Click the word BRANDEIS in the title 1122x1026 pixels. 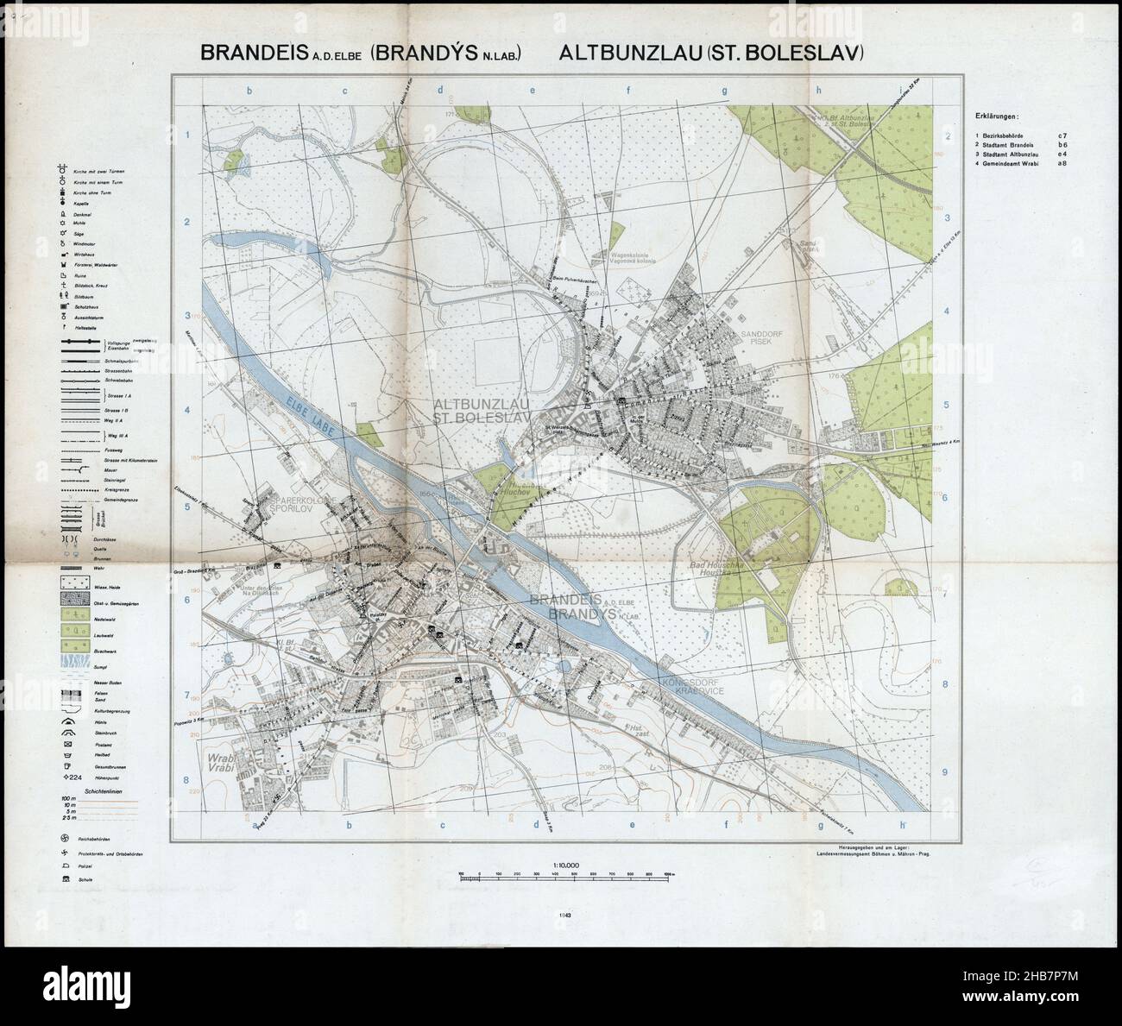click(253, 53)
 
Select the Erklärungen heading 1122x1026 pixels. click(995, 115)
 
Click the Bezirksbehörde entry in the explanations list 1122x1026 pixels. click(1001, 135)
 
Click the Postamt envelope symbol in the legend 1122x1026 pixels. click(65, 740)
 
